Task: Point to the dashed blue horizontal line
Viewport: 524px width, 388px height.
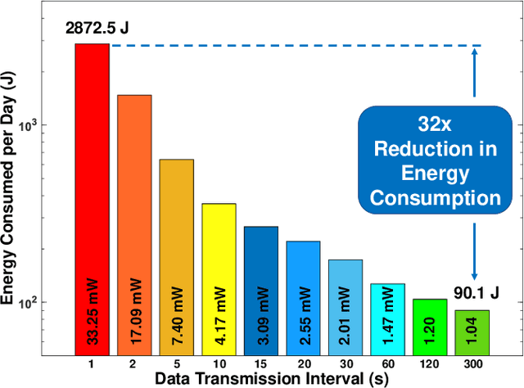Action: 287,46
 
